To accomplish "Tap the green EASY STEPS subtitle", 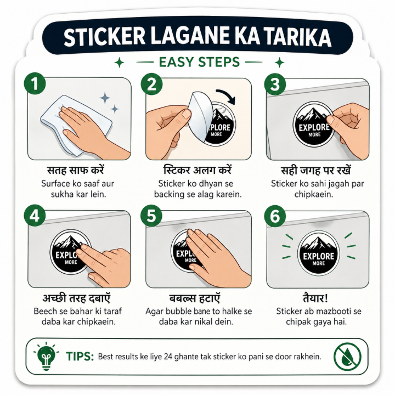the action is [199, 62].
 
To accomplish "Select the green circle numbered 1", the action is [35, 83].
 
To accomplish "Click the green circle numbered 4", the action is [35, 216].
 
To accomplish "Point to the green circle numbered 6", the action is [275, 216].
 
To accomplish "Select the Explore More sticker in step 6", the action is [318, 253].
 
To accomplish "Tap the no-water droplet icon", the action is [347, 357].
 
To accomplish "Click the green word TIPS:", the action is [80, 357].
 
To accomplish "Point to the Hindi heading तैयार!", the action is [315, 298].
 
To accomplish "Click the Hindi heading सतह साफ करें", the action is [76, 170].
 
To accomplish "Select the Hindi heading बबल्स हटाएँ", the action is [195, 298].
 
